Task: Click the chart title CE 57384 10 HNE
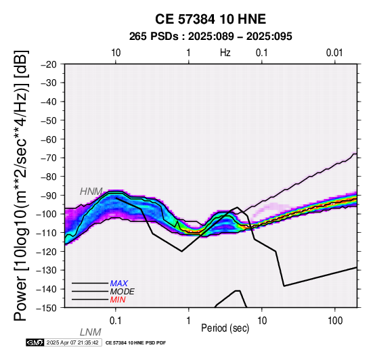pos(211,19)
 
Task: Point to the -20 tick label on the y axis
pos(49,64)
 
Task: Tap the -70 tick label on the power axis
pos(49,158)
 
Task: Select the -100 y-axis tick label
pos(47,215)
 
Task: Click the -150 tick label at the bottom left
pos(47,308)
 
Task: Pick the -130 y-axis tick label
pos(47,271)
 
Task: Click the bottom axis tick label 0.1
pos(116,321)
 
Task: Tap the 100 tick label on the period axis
pos(335,321)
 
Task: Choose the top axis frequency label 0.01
pos(334,53)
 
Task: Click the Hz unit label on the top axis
pos(225,53)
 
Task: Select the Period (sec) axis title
pos(225,328)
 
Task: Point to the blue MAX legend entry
pos(119,284)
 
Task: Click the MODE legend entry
pos(123,292)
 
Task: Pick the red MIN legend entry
pos(118,300)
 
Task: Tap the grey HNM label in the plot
pos(91,192)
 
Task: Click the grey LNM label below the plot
pos(91,332)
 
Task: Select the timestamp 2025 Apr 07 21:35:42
pos(72,343)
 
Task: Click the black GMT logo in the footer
pos(35,342)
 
